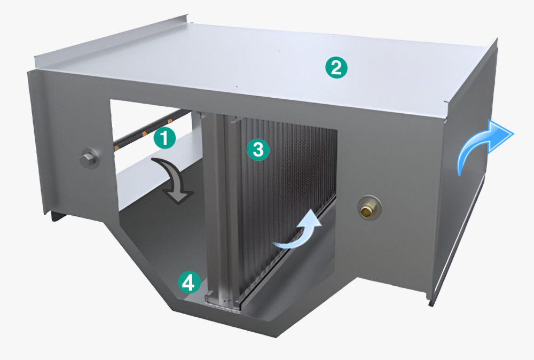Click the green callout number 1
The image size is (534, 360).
[x=164, y=138]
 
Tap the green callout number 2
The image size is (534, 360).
[x=336, y=67]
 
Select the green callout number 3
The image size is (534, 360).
[x=258, y=150]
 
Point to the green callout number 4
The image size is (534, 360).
[x=189, y=283]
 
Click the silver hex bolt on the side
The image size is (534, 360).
[x=89, y=159]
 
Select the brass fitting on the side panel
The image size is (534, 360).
[x=369, y=207]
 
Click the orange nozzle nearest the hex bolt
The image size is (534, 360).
[x=117, y=147]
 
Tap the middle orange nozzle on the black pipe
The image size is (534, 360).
[x=145, y=133]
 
